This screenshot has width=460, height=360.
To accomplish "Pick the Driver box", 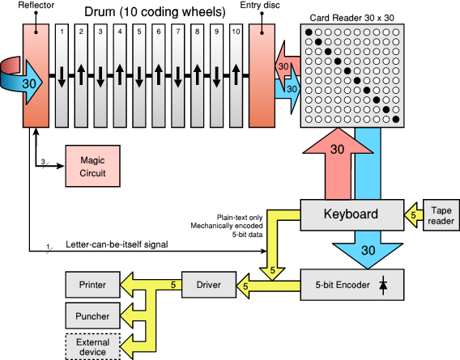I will click(x=208, y=284).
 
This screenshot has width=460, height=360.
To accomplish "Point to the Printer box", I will click(x=92, y=284).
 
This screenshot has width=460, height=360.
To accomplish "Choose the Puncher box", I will click(x=92, y=314).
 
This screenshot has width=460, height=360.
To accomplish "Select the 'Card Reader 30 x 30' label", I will click(x=351, y=17).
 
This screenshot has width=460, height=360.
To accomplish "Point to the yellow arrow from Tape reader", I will click(x=414, y=215).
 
